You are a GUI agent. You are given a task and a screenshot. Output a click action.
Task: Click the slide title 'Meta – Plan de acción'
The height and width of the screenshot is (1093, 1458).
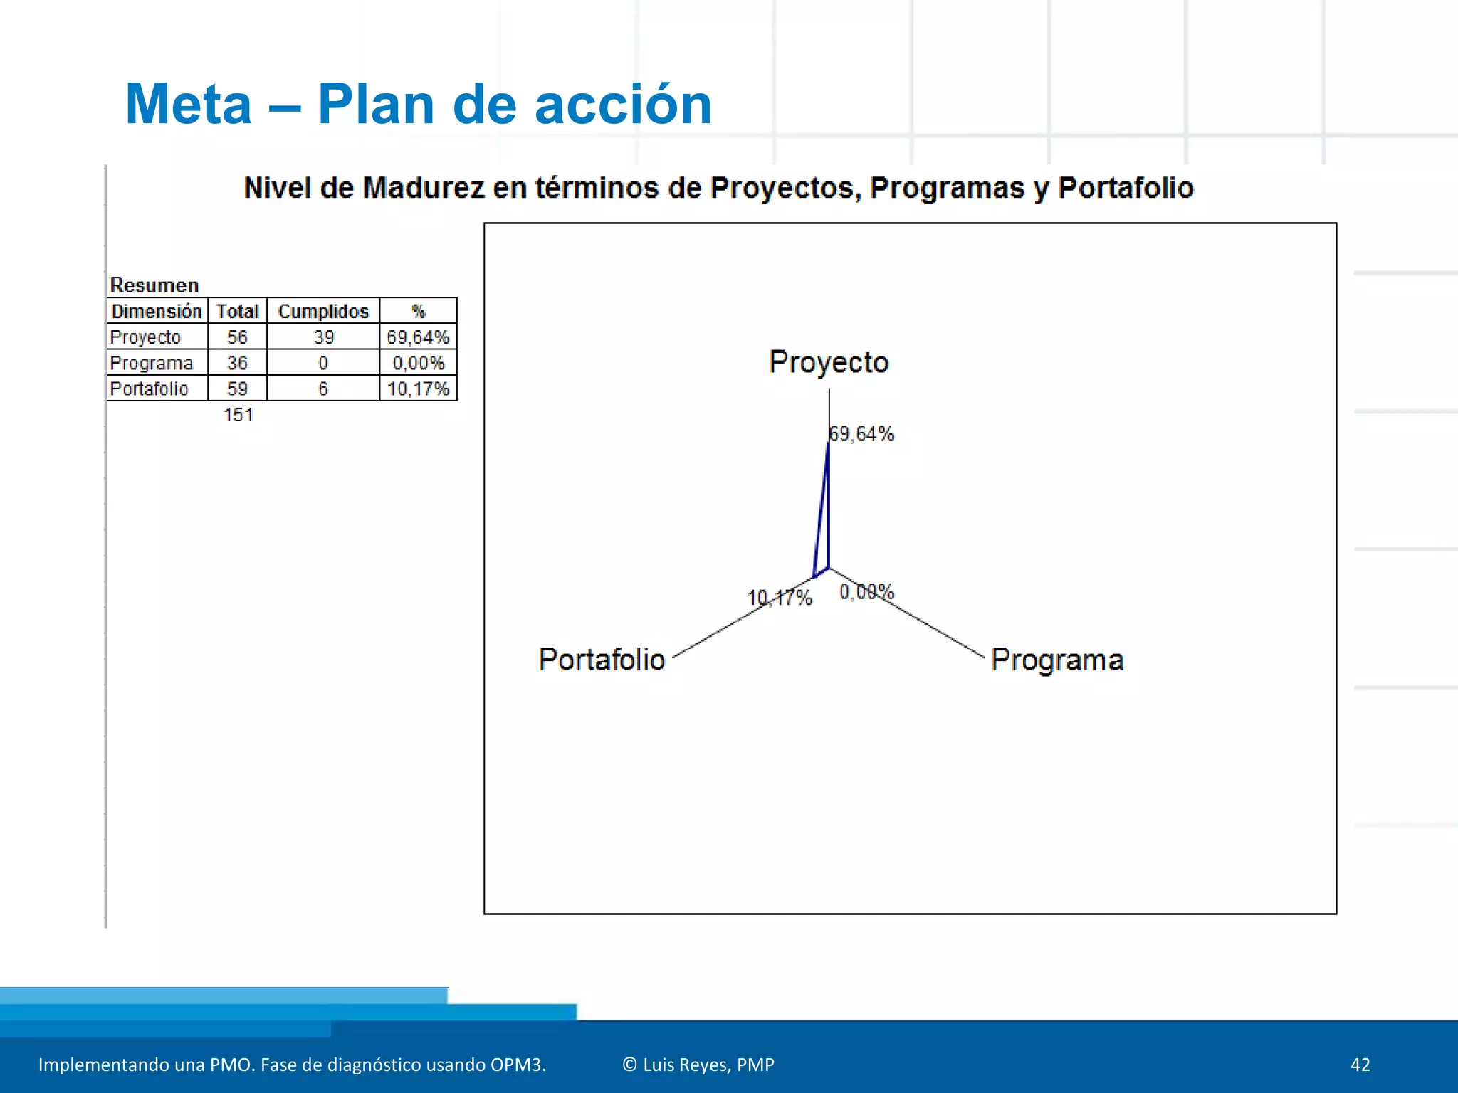(x=418, y=105)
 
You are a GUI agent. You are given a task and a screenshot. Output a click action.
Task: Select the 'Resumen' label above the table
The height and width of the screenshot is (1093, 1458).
(x=154, y=285)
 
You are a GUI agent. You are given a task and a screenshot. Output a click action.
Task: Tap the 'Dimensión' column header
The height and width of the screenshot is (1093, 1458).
(x=157, y=312)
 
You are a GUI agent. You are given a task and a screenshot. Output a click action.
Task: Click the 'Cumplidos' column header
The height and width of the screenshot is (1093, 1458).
(x=323, y=312)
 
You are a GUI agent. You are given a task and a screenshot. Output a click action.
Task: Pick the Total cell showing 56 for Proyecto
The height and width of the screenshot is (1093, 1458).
(x=237, y=337)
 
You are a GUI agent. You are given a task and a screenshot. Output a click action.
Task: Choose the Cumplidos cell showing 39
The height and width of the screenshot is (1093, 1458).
(x=323, y=337)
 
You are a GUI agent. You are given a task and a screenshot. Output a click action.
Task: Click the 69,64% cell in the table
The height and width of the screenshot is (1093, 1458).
(x=418, y=337)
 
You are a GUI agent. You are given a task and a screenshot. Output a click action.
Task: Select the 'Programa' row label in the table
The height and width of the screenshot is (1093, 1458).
(x=151, y=364)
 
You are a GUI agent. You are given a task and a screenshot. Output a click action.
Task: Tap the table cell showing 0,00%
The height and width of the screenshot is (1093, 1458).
(x=418, y=364)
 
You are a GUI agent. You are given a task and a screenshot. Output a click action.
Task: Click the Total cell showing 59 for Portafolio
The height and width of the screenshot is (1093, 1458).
(x=237, y=389)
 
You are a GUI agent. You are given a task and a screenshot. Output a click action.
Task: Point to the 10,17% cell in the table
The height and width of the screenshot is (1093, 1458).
(x=418, y=389)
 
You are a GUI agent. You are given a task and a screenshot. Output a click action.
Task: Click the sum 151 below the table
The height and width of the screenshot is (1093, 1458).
(x=238, y=415)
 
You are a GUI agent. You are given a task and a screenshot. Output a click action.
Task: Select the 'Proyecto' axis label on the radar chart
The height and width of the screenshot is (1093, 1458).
(x=829, y=362)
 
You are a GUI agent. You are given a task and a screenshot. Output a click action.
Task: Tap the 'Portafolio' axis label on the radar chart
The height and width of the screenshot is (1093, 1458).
(x=602, y=660)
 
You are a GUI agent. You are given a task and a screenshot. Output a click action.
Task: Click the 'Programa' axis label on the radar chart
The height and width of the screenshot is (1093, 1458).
(x=1057, y=660)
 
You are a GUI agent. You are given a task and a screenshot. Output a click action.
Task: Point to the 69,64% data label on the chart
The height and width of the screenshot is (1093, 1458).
(x=861, y=434)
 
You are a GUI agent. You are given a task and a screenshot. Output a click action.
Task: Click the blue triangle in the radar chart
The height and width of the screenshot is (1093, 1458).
(x=824, y=527)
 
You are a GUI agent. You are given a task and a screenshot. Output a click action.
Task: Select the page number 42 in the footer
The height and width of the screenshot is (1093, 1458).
(x=1360, y=1065)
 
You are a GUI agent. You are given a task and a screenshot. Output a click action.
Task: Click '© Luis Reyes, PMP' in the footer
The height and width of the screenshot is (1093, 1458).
(x=698, y=1065)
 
